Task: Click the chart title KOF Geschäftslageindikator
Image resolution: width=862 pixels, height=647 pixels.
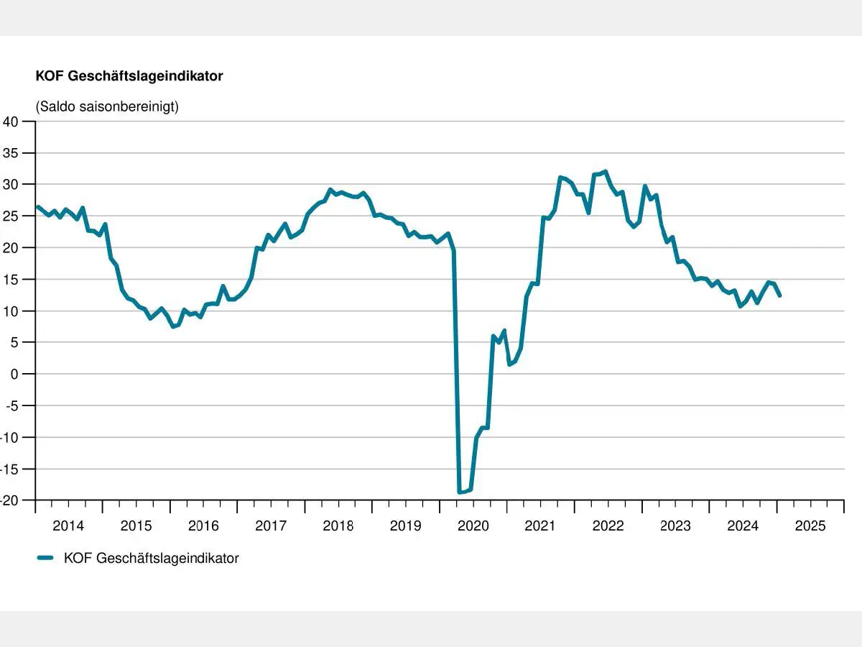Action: point(129,75)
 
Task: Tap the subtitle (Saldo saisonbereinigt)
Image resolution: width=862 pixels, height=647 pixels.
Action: point(107,106)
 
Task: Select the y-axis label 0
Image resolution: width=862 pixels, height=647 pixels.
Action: point(14,374)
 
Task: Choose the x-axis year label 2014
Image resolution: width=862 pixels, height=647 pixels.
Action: point(68,526)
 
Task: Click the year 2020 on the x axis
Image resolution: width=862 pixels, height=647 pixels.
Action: point(473,526)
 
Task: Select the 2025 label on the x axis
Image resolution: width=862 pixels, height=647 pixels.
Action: point(810,526)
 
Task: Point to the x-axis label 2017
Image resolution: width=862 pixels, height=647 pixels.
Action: point(271,526)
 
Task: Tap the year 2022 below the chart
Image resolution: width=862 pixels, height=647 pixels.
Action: point(608,526)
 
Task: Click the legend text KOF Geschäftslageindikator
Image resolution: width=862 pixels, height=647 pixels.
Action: point(151,558)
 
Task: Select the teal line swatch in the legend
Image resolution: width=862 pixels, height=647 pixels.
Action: point(46,558)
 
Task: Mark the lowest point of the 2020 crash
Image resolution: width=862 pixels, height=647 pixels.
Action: point(460,492)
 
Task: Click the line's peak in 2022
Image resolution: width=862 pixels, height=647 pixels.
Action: point(606,171)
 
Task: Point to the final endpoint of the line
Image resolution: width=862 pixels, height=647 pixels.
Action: point(779,295)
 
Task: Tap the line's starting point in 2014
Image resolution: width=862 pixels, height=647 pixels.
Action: point(37,206)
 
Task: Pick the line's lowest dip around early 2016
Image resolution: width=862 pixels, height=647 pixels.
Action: point(173,326)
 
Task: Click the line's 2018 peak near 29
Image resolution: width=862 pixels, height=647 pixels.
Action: point(330,190)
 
